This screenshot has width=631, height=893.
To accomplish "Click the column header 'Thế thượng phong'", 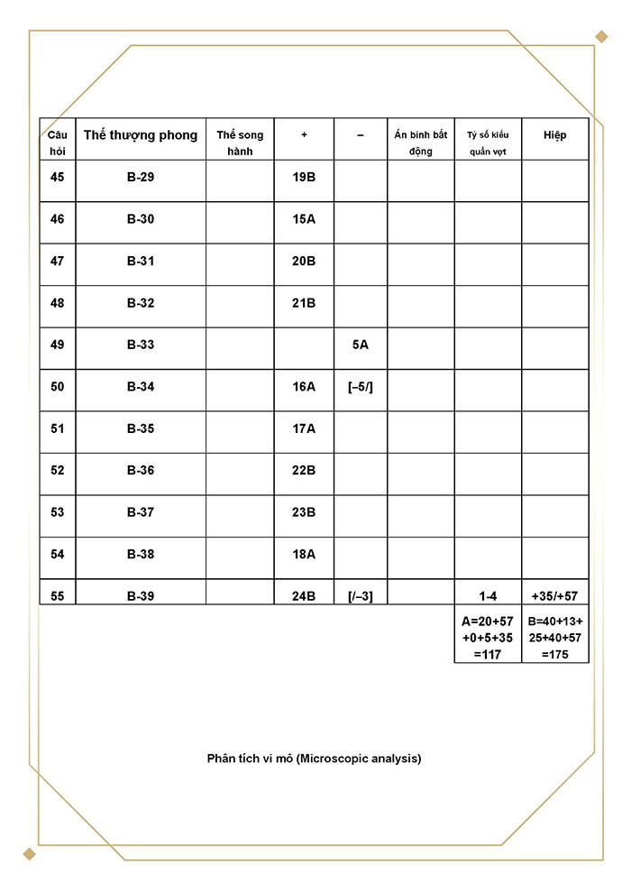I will tap(141, 135).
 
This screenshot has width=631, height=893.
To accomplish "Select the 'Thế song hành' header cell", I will tap(240, 143).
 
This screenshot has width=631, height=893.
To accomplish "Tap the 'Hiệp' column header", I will tap(555, 135).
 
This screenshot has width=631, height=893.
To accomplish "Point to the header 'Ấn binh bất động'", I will tap(421, 143).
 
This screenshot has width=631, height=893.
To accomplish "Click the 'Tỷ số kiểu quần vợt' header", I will tap(488, 143).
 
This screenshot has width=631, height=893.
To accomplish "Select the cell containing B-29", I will tap(141, 178).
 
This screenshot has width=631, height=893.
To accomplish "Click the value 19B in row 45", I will tap(304, 178).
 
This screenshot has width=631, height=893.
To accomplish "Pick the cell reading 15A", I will tap(304, 219).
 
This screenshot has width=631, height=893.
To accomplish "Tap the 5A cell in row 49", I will tap(361, 345).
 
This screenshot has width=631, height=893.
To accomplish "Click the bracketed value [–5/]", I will tap(361, 387).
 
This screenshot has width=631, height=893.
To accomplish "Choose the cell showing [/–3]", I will tap(361, 596).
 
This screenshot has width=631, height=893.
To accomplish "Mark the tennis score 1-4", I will tap(488, 596).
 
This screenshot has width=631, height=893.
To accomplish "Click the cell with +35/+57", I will tap(555, 596).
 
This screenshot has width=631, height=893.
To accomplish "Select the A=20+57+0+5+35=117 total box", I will tap(488, 638).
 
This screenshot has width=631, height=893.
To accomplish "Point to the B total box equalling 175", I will tap(555, 638).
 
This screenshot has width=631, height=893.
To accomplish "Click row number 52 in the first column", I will tap(58, 470).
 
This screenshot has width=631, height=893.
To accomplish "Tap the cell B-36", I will tap(141, 470).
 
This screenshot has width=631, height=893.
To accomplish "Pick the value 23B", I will tap(304, 512).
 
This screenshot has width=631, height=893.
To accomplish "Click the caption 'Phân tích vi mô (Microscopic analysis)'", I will tap(314, 759).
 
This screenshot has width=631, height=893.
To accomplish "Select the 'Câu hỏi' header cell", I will tap(58, 143).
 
